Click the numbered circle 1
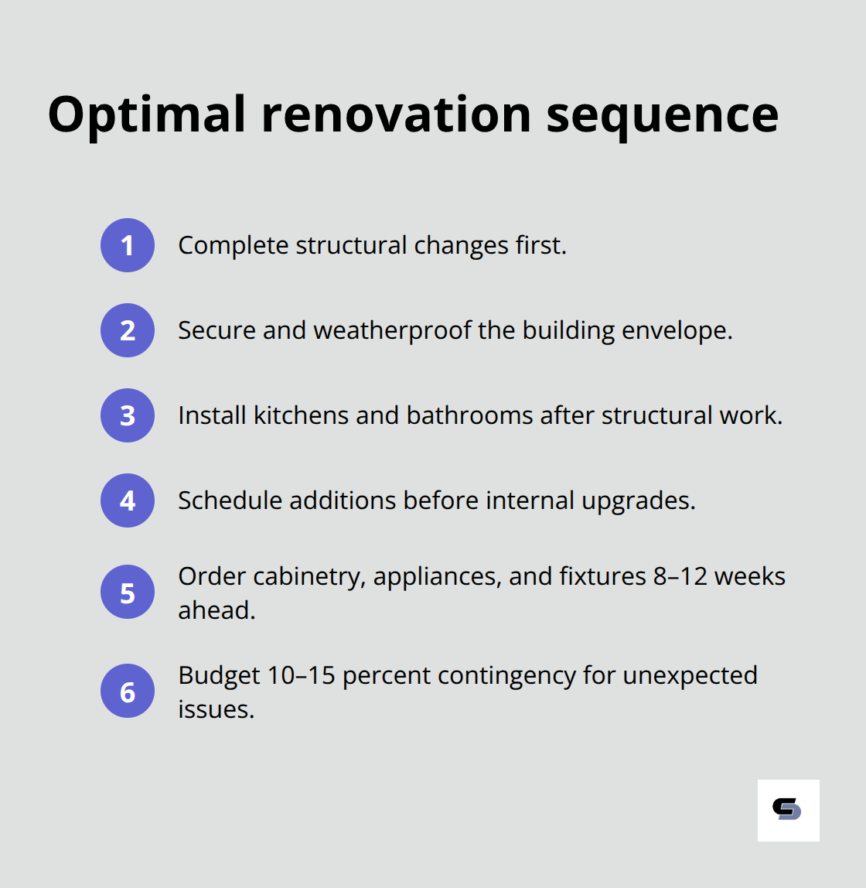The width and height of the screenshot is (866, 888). coord(128,245)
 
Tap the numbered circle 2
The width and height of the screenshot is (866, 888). coord(128,330)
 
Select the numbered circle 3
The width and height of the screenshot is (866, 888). coord(128,415)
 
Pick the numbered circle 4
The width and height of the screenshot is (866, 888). coord(128,500)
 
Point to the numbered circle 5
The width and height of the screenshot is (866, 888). coord(128,593)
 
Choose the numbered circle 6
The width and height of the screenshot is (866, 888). coord(128,691)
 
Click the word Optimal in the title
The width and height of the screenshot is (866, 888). coord(147,114)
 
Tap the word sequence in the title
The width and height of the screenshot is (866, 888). coord(662,114)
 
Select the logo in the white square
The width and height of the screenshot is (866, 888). coord(788,810)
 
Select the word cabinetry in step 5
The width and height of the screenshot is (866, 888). coord(309,576)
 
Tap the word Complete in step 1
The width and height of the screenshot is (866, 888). coord(233,245)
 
